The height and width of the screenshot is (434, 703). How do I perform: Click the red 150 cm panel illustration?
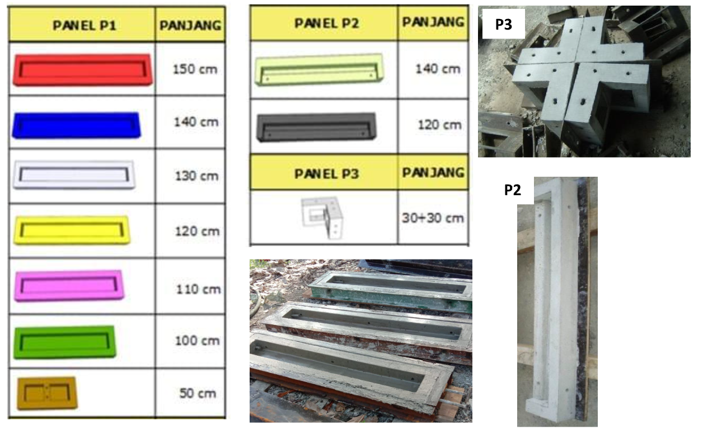point(83,69)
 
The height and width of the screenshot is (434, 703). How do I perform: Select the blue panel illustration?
point(77,125)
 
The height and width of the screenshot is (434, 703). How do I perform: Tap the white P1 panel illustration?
point(74,174)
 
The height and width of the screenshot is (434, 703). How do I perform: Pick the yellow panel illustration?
point(72,230)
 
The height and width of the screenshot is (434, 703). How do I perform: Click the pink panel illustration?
point(69,285)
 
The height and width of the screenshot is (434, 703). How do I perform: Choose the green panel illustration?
point(65,342)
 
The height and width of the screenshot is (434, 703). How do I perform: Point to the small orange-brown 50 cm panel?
point(47,393)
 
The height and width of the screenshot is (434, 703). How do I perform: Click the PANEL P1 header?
point(85,25)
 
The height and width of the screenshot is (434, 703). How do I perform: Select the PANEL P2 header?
point(327,23)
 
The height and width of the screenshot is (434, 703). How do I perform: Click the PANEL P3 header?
point(327,173)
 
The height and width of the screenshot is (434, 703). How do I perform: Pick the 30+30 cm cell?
point(433,218)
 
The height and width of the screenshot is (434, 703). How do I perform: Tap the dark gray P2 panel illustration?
point(316,127)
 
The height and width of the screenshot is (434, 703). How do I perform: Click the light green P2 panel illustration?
point(319,69)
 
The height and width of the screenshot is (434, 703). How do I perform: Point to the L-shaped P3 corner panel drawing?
point(322,218)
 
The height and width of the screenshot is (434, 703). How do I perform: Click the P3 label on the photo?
point(503,24)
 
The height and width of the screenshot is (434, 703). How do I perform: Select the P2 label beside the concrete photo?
point(513,190)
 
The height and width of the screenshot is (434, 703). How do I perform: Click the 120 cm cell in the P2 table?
point(440,125)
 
